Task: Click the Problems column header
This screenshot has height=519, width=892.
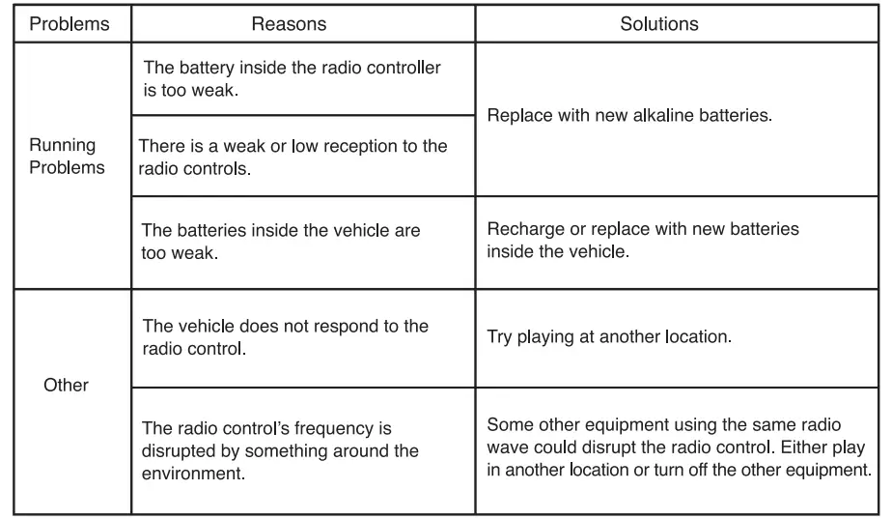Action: [70, 24]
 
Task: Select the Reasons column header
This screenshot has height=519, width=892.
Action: [289, 24]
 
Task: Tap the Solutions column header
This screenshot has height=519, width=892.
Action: [658, 24]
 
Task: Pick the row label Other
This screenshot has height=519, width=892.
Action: [67, 385]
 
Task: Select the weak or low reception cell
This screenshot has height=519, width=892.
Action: [293, 156]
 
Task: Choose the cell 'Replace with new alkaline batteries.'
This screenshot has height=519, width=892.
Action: [630, 114]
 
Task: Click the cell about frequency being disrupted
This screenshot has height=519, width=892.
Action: [280, 450]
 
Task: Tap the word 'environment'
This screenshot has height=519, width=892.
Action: [188, 474]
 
